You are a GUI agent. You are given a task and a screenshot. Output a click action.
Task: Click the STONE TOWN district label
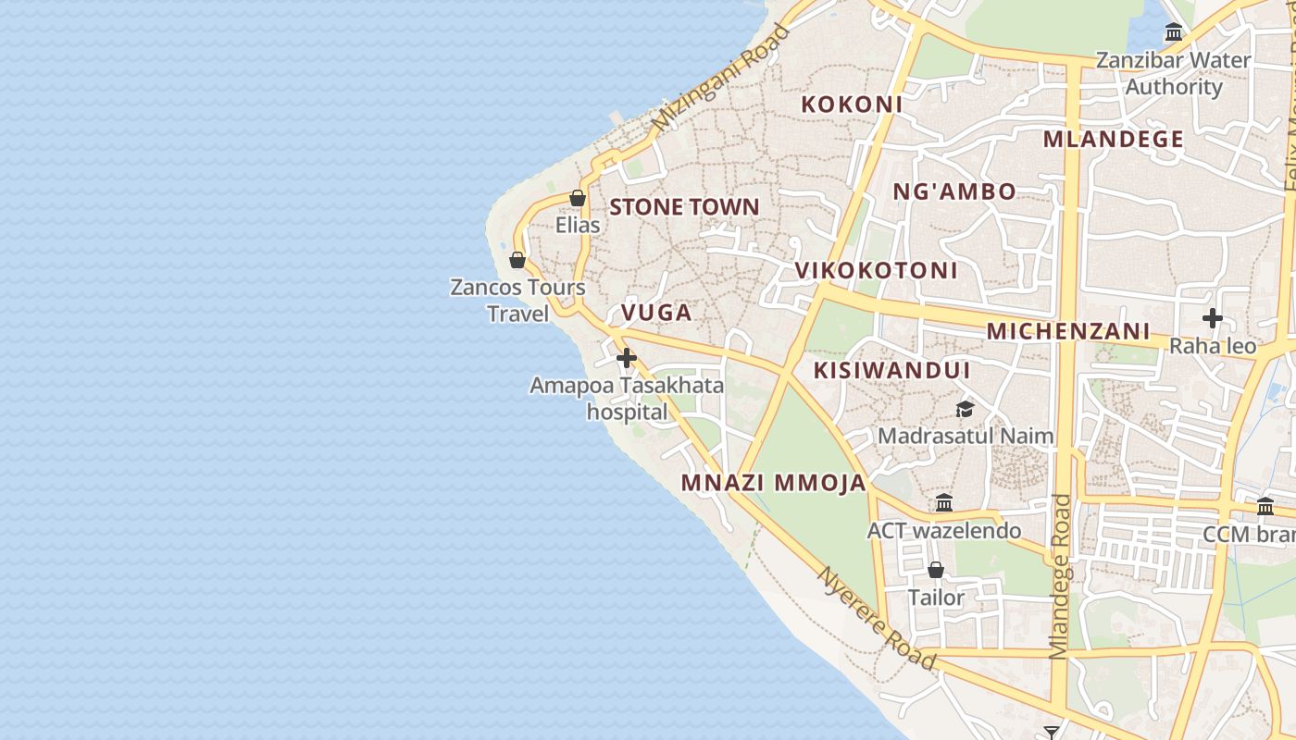pos(684,207)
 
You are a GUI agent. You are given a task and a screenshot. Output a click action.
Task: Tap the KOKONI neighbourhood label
pos(852,105)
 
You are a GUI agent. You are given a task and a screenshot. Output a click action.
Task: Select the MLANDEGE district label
pos(1114,140)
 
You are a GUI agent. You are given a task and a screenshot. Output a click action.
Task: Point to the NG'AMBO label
pos(954,192)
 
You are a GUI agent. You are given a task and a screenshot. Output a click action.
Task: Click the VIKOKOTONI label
pos(877,271)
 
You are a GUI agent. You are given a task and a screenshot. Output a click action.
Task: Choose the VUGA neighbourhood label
pos(656,313)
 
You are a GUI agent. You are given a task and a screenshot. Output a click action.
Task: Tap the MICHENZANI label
pos(1068,331)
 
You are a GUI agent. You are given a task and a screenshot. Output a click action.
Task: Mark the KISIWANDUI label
pos(891,371)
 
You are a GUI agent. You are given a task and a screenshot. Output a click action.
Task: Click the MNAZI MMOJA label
pos(774,483)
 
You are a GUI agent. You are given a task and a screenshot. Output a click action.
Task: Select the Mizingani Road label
pos(721,78)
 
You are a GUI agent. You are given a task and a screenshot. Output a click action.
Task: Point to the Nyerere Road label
pos(876,618)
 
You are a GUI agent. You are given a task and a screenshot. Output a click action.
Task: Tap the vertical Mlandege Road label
pos(1061,576)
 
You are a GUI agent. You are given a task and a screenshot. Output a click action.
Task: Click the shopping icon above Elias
pos(578,198)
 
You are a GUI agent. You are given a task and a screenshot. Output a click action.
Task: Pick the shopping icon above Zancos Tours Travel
pos(517,260)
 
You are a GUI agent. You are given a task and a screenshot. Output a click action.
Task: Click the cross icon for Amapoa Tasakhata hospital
pos(627,358)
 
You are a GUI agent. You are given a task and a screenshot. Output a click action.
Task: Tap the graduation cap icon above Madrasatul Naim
pos(966,409)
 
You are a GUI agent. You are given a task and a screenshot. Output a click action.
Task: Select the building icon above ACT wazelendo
pos(944,503)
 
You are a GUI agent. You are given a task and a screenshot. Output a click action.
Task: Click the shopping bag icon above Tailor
pos(936,570)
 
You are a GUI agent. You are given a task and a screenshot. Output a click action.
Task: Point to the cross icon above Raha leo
pos(1213,319)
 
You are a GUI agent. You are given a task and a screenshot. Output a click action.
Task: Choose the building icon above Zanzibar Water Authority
pos(1174,32)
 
